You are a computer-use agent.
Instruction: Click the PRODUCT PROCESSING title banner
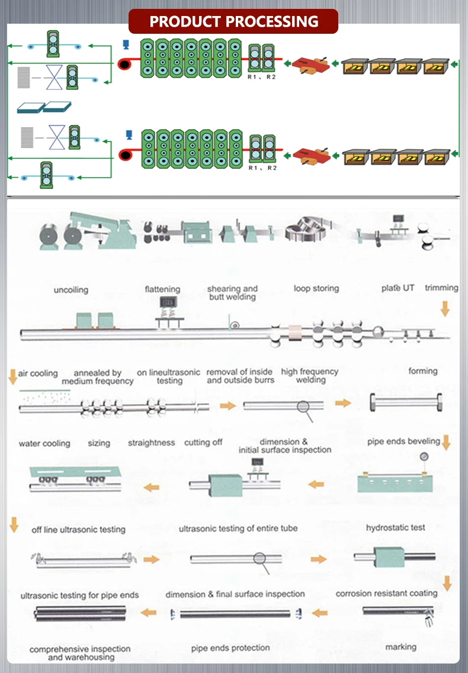(x=233, y=22)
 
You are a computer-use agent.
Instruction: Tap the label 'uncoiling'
(x=70, y=290)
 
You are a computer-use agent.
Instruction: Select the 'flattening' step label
(x=162, y=289)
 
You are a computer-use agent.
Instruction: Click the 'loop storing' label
(x=316, y=289)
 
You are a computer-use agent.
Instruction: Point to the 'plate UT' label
(x=398, y=288)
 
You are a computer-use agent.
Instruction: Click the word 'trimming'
(x=441, y=287)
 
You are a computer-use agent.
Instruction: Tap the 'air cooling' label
(x=38, y=373)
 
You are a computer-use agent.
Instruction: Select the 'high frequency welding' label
(x=310, y=376)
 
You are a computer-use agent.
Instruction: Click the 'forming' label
(x=423, y=371)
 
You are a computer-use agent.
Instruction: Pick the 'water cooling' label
(x=44, y=443)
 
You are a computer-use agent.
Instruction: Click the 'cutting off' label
(x=203, y=443)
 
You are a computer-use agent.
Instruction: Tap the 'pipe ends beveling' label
(x=403, y=441)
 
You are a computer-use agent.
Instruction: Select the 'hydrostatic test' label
(x=395, y=527)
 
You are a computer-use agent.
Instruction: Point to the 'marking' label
(x=400, y=646)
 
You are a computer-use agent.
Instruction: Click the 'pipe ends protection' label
(x=230, y=648)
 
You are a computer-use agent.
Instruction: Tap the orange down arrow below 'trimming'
(x=445, y=308)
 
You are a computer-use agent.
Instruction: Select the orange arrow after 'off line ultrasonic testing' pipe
(x=152, y=559)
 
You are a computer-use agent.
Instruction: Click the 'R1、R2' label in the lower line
(x=262, y=168)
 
